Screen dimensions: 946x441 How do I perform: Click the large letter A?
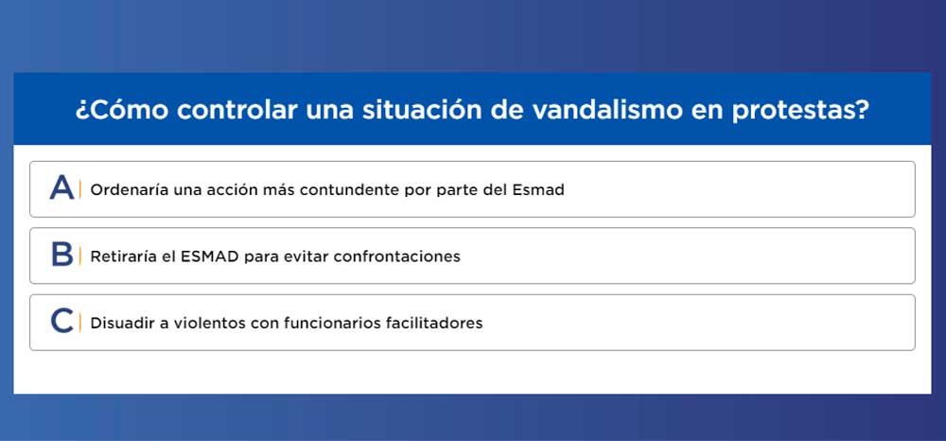(x=62, y=187)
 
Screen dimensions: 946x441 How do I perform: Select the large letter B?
(x=62, y=255)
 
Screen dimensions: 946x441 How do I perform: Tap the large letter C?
(x=62, y=321)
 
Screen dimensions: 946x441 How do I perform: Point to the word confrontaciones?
(x=397, y=256)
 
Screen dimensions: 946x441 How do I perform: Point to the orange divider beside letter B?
(x=80, y=256)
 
